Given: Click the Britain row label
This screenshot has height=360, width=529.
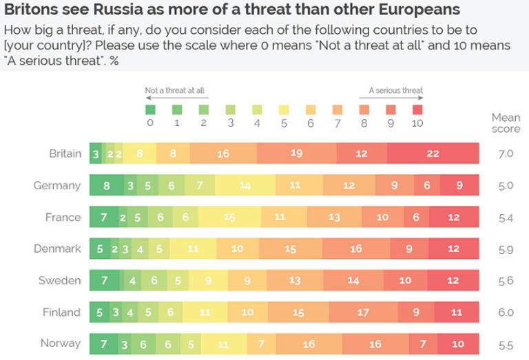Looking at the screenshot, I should click(65, 153).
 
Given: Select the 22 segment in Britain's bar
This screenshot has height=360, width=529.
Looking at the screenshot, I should click(433, 153).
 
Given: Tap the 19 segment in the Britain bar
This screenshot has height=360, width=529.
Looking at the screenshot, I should click(296, 153).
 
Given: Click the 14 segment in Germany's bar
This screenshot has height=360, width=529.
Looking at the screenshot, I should click(245, 185).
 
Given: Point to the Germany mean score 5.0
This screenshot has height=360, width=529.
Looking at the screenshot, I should click(506, 185).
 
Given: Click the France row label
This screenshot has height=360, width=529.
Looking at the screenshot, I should click(63, 217).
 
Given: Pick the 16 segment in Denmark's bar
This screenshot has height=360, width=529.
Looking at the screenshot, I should click(355, 248).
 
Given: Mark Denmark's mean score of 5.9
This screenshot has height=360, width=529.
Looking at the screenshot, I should click(506, 248).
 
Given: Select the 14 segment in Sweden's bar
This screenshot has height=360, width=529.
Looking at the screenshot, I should click(353, 280).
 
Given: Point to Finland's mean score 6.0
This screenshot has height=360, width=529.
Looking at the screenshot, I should click(506, 312).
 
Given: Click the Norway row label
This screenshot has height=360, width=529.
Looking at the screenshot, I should click(61, 343).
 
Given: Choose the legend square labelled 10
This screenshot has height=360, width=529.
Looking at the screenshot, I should click(417, 109).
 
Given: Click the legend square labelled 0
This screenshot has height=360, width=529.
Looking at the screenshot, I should click(151, 109).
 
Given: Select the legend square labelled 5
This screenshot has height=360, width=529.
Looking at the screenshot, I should click(284, 109).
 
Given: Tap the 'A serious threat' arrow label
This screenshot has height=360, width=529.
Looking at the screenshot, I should click(395, 90).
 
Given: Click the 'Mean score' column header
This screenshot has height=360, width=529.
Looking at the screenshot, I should click(506, 123).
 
